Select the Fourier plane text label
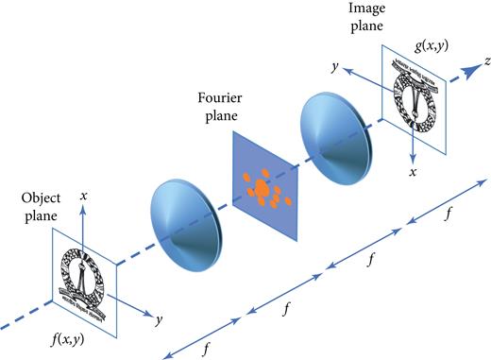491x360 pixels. point(223,106)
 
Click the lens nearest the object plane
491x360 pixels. point(185,217)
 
